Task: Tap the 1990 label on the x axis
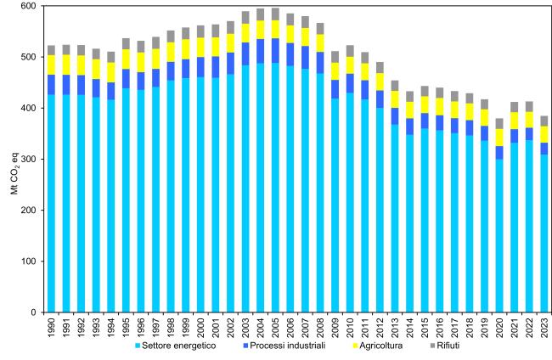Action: click(x=53, y=326)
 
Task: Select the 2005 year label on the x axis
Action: click(x=274, y=326)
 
